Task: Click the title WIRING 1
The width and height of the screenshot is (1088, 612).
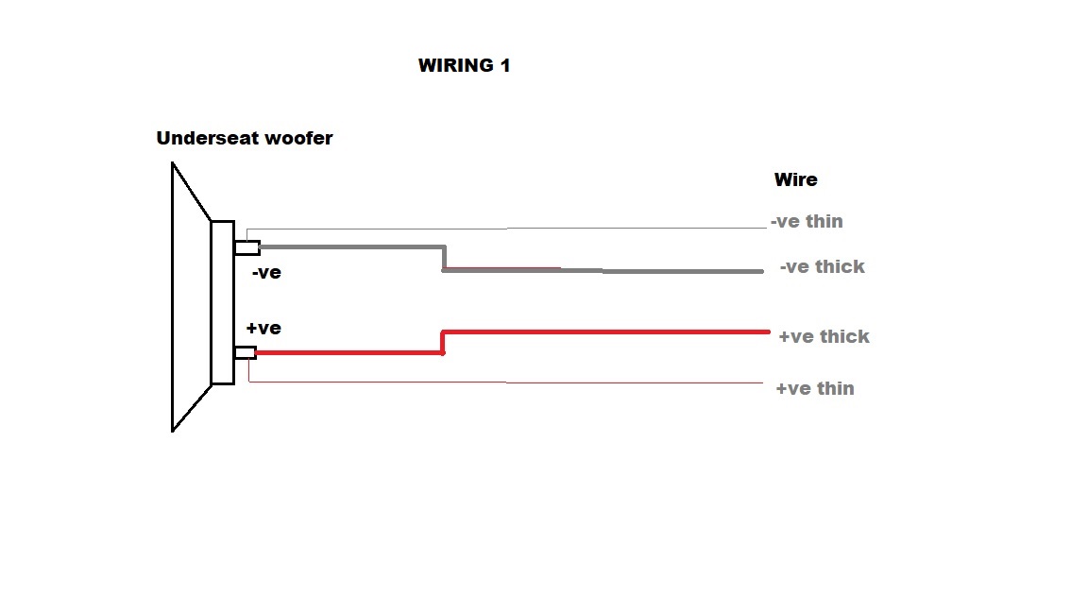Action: coord(465,65)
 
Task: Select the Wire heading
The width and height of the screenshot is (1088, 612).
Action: coord(796,179)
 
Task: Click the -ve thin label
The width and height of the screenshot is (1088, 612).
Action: coord(807,221)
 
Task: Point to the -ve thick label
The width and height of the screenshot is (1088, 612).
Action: coord(823,266)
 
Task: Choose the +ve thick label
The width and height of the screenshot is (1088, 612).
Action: coord(824,336)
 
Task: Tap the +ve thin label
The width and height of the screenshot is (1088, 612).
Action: coord(815,388)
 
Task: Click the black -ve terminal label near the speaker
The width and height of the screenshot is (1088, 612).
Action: coord(266,273)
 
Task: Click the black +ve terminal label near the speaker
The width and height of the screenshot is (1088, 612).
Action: coord(263,329)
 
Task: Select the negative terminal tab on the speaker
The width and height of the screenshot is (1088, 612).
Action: coord(247,247)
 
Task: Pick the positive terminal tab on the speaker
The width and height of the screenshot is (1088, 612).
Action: coord(246,352)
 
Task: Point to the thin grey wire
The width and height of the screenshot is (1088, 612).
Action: coord(506,228)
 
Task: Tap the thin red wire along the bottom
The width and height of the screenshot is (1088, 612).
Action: coord(505,382)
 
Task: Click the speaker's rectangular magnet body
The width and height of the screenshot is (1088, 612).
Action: coord(223,302)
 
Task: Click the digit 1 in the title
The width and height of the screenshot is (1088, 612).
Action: coord(505,65)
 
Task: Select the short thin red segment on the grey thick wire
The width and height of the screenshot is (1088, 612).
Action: coord(502,267)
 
